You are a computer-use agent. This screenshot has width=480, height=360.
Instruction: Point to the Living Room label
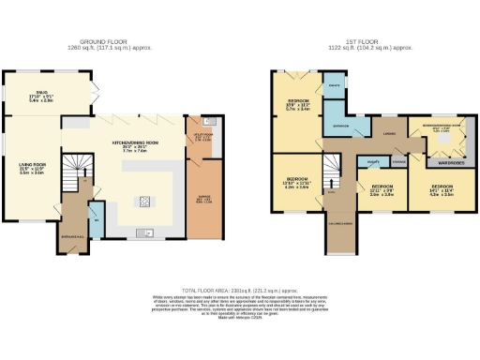tap(33, 169)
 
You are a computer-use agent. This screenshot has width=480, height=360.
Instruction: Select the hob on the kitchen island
tap(146, 200)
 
